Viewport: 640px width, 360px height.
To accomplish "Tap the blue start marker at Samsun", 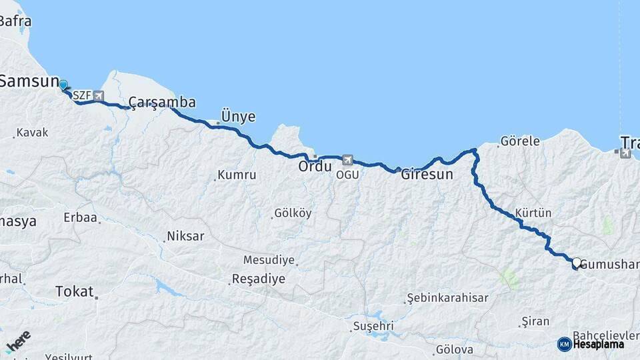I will point(63,85).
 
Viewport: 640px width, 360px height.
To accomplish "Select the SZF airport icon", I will point(99,96).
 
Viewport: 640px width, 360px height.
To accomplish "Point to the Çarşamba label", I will point(162,102).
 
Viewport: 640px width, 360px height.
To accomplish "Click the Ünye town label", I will point(238,117).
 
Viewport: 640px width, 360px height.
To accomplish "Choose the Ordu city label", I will point(315,167).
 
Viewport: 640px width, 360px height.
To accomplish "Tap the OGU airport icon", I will point(347,160).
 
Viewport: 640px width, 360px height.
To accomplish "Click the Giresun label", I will point(427,175).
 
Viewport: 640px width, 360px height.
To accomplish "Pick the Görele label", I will point(519,141).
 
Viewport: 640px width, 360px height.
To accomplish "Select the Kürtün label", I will point(533,213).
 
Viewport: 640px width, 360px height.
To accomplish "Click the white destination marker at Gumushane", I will point(576,263).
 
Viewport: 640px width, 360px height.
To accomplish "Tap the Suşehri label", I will point(373,327).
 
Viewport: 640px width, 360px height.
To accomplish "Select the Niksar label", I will point(186,236).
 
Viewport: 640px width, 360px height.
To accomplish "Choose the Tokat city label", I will point(74,291).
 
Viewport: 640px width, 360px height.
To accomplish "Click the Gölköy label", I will point(293,213).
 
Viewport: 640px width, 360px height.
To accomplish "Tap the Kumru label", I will point(237,175).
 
